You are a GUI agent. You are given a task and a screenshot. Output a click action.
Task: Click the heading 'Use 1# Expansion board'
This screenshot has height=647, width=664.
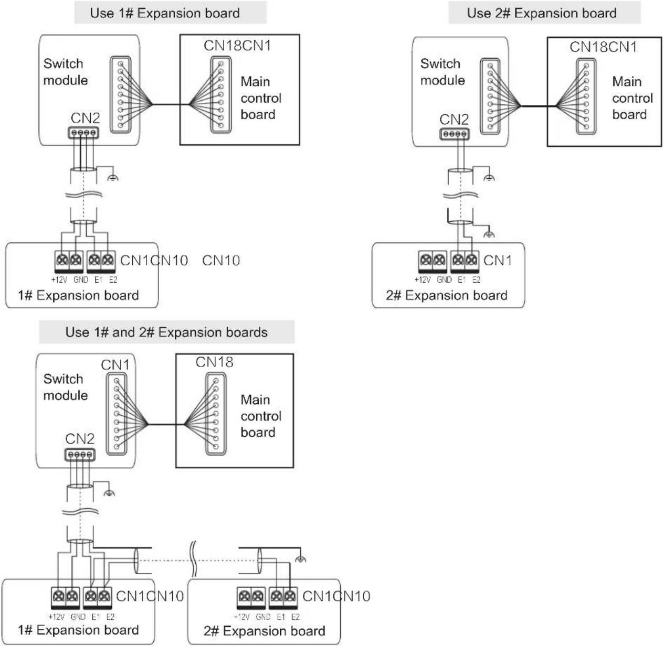coord(165,13)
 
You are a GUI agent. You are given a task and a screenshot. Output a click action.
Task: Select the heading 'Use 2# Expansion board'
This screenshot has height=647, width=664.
coord(542,13)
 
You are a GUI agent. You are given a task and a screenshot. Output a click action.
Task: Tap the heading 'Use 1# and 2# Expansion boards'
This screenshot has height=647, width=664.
coord(166,332)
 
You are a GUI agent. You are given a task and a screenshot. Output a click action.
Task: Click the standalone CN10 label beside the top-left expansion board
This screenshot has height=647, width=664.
coord(221,261)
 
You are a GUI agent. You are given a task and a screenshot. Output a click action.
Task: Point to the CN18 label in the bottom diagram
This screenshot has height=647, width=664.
coord(214,362)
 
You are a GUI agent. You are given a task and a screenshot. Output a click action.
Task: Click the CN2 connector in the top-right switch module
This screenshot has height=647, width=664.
coord(455,134)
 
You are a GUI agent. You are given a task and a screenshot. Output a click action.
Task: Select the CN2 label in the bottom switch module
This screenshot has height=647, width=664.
coord(80,439)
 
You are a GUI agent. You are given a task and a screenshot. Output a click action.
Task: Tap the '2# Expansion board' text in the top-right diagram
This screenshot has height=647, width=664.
coord(447,295)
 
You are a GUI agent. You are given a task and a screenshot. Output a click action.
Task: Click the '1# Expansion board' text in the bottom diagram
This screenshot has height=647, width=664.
coord(79,630)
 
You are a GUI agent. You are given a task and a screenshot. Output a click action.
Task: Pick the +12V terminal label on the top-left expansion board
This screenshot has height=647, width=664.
coord(59,280)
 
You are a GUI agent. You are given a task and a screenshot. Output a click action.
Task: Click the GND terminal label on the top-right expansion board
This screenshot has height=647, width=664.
coord(444,280)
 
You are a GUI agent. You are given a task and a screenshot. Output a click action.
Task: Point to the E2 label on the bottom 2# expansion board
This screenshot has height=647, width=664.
coord(296,617)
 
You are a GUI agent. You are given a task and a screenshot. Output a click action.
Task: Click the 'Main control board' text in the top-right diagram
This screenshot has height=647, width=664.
coord(633,98)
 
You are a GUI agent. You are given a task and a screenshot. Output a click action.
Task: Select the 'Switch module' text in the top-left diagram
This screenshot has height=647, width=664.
coord(66,72)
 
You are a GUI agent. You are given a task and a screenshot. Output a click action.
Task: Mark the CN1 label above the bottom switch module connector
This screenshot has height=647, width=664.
coord(115,365)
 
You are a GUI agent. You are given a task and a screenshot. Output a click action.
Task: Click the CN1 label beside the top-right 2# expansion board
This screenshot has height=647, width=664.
coord(498,261)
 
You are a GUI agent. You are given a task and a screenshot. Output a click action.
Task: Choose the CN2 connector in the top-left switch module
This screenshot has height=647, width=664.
coord(83,133)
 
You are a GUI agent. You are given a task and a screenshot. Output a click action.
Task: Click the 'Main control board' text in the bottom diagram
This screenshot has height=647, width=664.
coord(261,416)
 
